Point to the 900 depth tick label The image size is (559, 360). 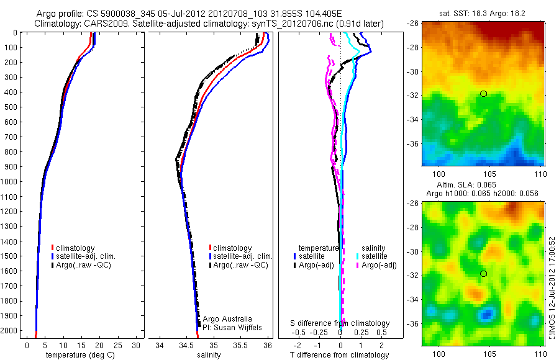(x=12, y=166)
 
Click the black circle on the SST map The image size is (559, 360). (x=483, y=94)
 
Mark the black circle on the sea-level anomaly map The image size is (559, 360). (x=483, y=274)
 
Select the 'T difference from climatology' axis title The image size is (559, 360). (x=340, y=355)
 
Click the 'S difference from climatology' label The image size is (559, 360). (x=340, y=323)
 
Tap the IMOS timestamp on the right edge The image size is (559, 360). (x=552, y=285)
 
